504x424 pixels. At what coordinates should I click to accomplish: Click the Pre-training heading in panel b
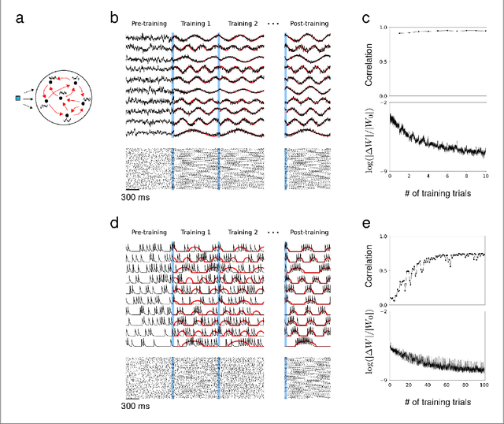[x=149, y=24]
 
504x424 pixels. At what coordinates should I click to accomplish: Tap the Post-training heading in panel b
[x=309, y=24]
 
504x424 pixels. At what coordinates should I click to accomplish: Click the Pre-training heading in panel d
[x=149, y=234]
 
